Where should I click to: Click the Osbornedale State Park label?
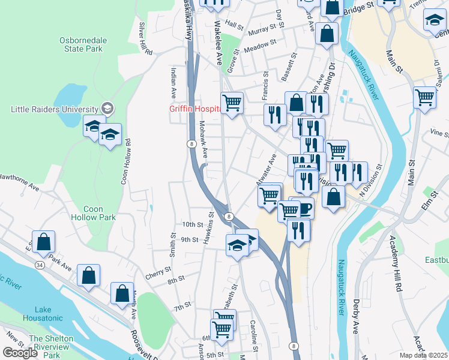click(x=83, y=44)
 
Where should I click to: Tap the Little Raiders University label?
click(x=55, y=109)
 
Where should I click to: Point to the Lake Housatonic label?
click(x=42, y=313)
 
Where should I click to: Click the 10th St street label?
click(x=193, y=224)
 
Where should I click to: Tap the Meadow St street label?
click(x=260, y=44)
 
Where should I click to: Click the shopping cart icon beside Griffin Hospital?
click(x=231, y=103)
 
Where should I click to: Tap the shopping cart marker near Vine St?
click(x=424, y=97)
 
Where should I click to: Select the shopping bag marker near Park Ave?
click(x=44, y=242)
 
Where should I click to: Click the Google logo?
click(x=20, y=352)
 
